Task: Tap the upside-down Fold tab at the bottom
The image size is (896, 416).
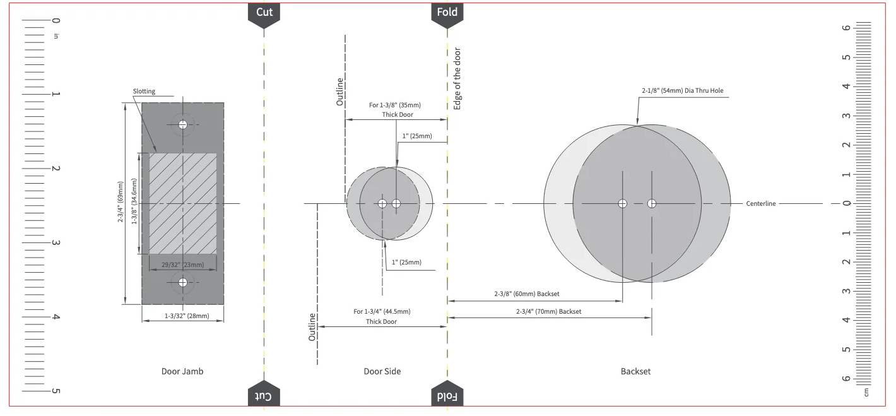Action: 447,394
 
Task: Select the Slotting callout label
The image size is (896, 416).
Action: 144,91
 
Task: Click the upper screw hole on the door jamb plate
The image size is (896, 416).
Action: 183,125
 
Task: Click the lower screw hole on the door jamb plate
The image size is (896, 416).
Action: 183,282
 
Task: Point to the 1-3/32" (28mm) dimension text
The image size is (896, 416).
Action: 187,316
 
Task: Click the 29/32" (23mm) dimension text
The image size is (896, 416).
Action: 183,264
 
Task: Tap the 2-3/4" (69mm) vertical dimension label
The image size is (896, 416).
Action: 121,202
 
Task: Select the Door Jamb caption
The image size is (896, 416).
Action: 182,371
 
